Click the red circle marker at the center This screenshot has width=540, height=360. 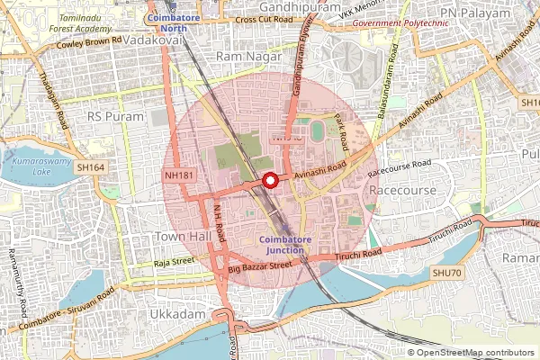[269, 181]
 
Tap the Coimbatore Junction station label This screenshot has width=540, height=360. [286, 244]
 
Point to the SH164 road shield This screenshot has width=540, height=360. [91, 167]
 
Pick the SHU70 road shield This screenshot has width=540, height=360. [445, 272]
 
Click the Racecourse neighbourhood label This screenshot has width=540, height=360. [402, 191]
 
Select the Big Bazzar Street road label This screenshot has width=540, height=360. [260, 267]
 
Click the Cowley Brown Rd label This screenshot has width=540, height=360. [88, 42]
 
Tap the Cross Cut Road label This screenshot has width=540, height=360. [263, 19]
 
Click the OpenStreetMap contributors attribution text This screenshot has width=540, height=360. [476, 353]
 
